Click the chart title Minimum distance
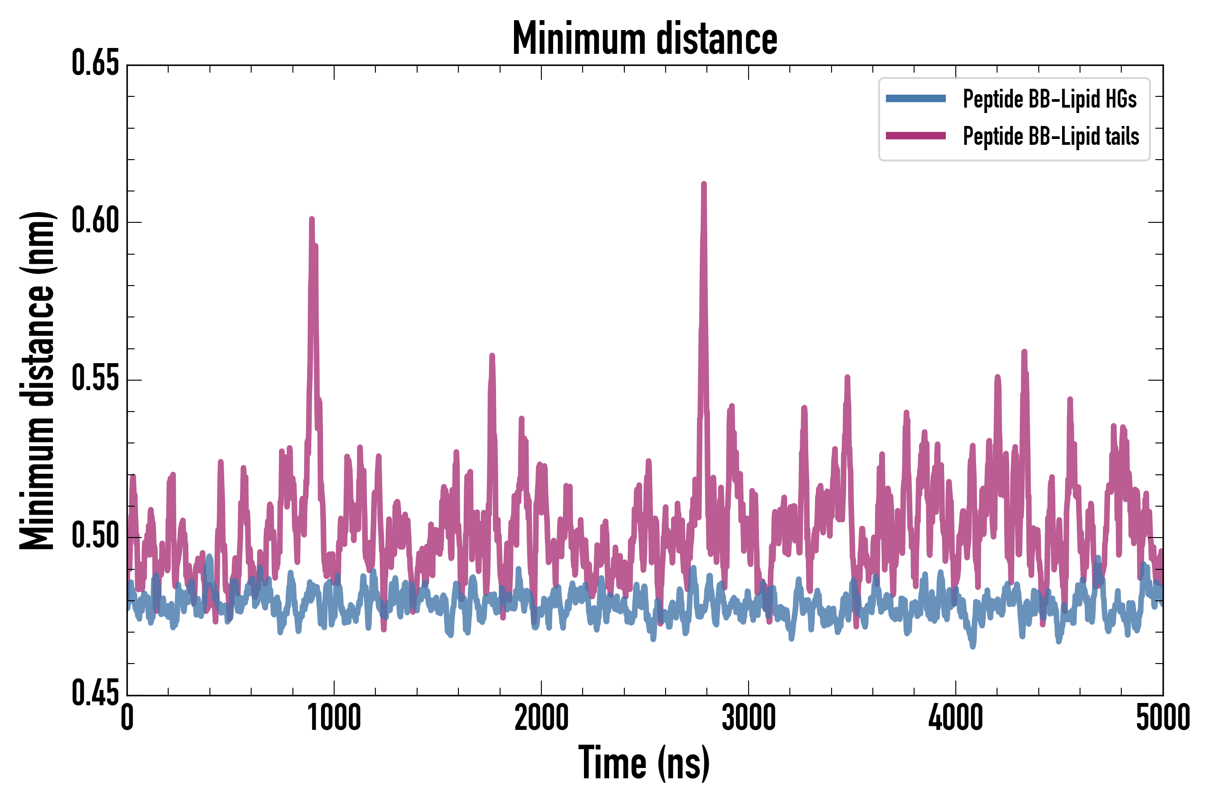point(645,39)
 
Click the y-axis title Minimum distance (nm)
point(37,381)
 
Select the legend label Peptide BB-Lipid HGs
point(1050,99)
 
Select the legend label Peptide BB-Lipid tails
point(1051,136)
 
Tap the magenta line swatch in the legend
point(915,136)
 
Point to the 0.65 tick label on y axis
point(95,64)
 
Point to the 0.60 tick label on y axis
point(95,221)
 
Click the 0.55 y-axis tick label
point(95,379)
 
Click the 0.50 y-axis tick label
point(95,537)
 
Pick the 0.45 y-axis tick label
point(95,694)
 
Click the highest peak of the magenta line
point(704,184)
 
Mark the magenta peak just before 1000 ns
point(312,220)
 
